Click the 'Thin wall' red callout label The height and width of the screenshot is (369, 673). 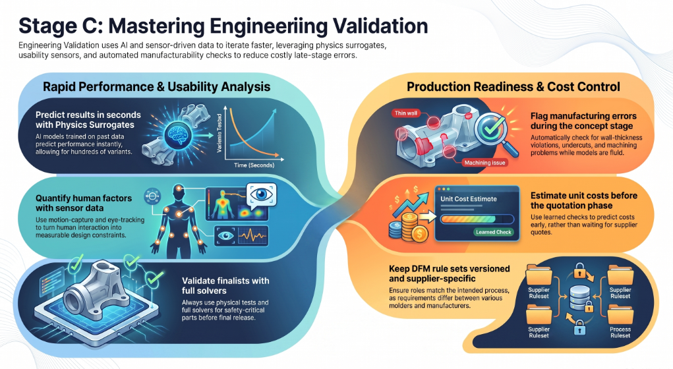click(x=405, y=113)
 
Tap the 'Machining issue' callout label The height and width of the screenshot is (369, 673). click(x=484, y=163)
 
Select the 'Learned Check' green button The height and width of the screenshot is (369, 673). click(x=493, y=232)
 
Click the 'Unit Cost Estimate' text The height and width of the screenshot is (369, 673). click(x=468, y=199)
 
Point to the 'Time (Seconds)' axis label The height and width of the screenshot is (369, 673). click(x=254, y=165)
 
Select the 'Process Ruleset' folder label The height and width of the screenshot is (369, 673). click(x=620, y=333)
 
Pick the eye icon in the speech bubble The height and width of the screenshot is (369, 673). click(x=261, y=195)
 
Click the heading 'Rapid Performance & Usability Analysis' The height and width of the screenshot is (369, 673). click(x=156, y=87)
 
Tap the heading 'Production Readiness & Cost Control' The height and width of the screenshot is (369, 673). click(x=513, y=87)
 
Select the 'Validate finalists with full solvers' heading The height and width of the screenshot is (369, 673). click(x=225, y=286)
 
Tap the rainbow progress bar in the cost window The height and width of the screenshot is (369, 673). click(x=477, y=219)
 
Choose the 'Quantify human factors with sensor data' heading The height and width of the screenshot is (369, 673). click(x=84, y=203)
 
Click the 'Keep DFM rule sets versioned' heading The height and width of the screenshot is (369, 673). click(x=450, y=269)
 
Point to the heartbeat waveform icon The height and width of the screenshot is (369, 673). click(x=252, y=235)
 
